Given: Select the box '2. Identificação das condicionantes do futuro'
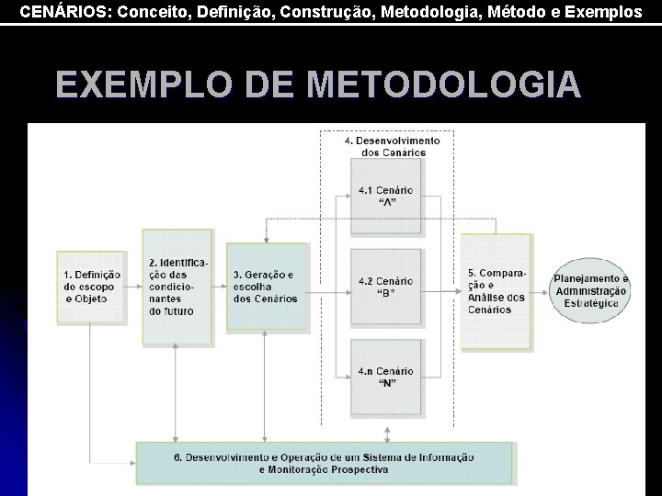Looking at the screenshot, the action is pyautogui.click(x=177, y=287).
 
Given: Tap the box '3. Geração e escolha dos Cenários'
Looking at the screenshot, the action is pyautogui.click(x=267, y=286).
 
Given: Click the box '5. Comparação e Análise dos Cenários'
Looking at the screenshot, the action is pyautogui.click(x=496, y=290).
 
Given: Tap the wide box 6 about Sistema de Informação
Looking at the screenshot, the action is pyautogui.click(x=324, y=463).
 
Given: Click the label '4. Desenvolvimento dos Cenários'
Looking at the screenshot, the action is pyautogui.click(x=393, y=146).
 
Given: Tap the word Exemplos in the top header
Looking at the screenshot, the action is pyautogui.click(x=605, y=12).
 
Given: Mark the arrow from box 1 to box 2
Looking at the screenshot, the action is pyautogui.click(x=132, y=287).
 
